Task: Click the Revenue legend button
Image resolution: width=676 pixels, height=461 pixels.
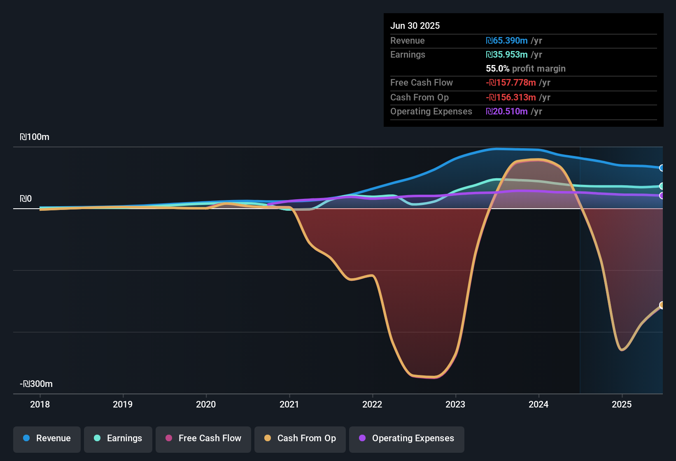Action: click(47, 438)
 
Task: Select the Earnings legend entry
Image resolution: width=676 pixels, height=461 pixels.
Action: click(118, 438)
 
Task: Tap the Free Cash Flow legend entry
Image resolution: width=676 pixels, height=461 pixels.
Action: click(203, 438)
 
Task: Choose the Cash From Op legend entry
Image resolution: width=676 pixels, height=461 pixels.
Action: click(300, 438)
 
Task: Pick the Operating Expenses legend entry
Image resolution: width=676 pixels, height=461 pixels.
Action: click(407, 438)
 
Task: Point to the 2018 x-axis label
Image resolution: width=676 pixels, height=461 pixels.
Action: click(40, 405)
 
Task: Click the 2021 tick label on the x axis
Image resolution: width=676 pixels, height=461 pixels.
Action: click(289, 405)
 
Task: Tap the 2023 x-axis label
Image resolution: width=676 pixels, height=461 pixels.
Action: click(455, 405)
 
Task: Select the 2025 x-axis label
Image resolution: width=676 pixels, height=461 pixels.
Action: click(622, 405)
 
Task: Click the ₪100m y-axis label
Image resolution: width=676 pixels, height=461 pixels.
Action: click(35, 137)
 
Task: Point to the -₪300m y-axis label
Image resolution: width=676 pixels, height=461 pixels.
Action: click(36, 384)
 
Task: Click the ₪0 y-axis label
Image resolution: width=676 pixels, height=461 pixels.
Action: click(26, 199)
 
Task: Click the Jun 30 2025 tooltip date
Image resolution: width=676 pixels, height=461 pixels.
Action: click(415, 26)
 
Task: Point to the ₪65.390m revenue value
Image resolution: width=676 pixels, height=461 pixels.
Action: click(507, 41)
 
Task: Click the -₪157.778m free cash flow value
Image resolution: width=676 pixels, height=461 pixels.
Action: click(511, 83)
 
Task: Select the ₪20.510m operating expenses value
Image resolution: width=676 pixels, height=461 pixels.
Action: click(507, 112)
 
